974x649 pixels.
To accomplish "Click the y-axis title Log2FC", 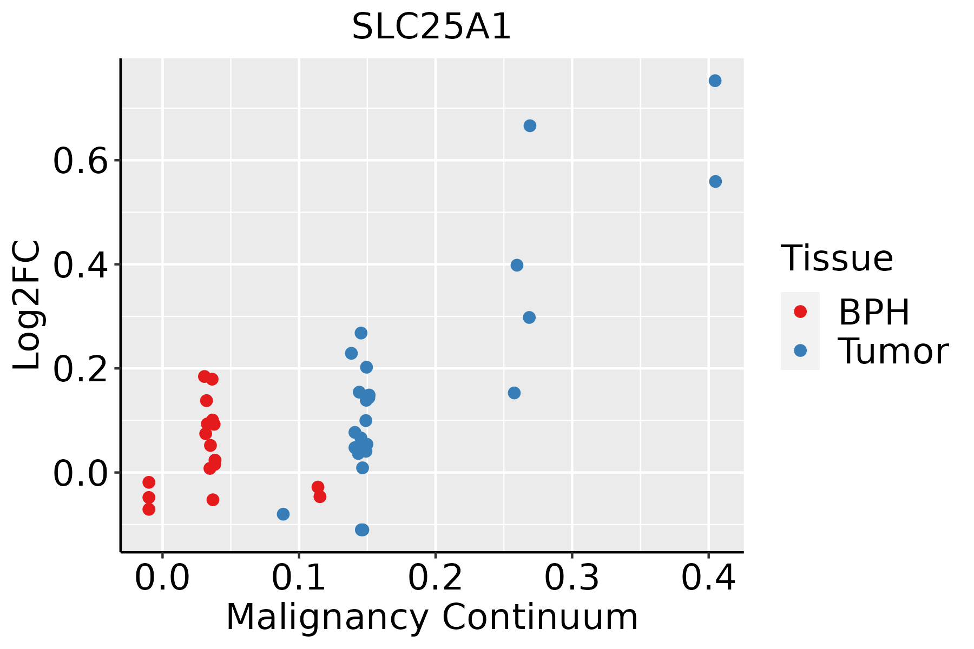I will (27, 306).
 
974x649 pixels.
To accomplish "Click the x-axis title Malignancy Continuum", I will (431, 617).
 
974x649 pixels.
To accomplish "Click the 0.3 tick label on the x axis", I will (571, 578).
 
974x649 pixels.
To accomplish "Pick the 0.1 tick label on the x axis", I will (299, 578).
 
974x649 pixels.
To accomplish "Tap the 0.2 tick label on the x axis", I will (435, 578).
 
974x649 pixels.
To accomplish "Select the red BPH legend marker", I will (800, 312).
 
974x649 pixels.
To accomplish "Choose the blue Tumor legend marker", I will (800, 350).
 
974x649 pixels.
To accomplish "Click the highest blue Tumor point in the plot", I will (715, 81).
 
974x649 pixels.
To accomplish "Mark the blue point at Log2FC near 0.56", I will (715, 181).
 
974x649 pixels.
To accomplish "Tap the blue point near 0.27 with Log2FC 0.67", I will (530, 125).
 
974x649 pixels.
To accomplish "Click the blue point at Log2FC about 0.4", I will (517, 265).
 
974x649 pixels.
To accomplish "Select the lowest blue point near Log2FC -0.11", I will (362, 529).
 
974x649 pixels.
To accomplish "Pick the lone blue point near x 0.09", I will (283, 514).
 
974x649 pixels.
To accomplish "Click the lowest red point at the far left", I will (149, 509).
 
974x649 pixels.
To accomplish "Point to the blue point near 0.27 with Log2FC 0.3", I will (529, 317).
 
